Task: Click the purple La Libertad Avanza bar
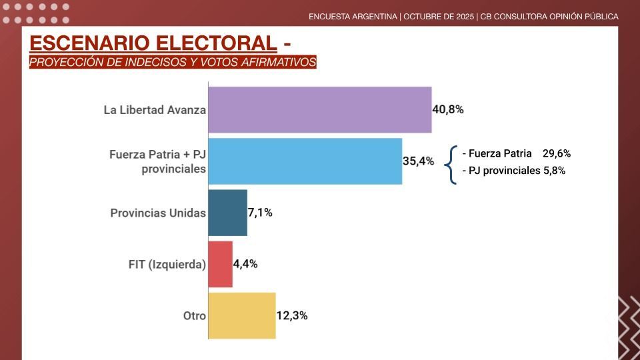pos(319,109)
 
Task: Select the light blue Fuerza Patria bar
pos(305,161)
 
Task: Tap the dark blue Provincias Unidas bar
pos(227,213)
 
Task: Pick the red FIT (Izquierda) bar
pos(220,264)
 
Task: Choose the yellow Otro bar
pos(241,315)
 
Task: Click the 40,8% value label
pos(448,109)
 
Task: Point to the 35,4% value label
pos(419,161)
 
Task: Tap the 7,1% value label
pos(260,213)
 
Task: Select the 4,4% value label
pos(245,264)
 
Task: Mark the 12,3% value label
pos(292,315)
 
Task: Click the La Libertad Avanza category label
pos(155,110)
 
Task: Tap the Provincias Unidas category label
pos(158,213)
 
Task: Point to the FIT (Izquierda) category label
pos(167,265)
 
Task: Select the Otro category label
pos(195,316)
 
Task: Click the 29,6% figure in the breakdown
pos(557,153)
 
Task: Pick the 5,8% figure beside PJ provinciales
pos(554,171)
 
